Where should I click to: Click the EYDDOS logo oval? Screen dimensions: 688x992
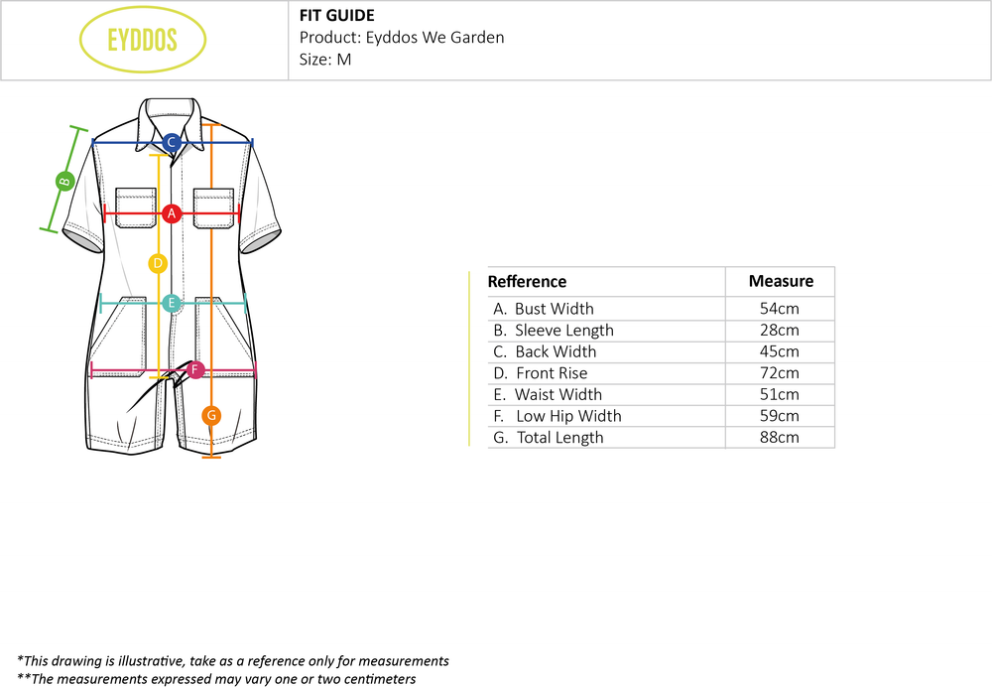(143, 40)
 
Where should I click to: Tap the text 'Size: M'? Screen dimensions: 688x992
(325, 59)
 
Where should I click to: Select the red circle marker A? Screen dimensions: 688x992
(172, 212)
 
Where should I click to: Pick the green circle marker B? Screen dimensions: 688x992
(63, 181)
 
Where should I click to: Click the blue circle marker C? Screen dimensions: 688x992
(171, 142)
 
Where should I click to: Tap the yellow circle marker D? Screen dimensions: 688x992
(157, 263)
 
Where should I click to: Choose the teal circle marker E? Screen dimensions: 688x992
(171, 303)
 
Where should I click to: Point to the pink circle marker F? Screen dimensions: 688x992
(195, 370)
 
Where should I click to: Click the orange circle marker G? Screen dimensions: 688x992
(211, 415)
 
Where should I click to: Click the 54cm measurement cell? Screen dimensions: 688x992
(780, 309)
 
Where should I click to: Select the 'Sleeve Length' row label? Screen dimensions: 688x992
(563, 331)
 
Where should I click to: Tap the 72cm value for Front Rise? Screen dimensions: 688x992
(780, 373)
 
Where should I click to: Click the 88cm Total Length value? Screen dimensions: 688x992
(780, 438)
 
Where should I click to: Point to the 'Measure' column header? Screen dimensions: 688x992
(781, 281)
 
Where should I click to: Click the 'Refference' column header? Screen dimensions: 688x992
(527, 282)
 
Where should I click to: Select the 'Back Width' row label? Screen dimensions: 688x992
(556, 351)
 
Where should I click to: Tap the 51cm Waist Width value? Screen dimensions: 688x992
(780, 395)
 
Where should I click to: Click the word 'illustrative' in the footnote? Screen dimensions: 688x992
(149, 661)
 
